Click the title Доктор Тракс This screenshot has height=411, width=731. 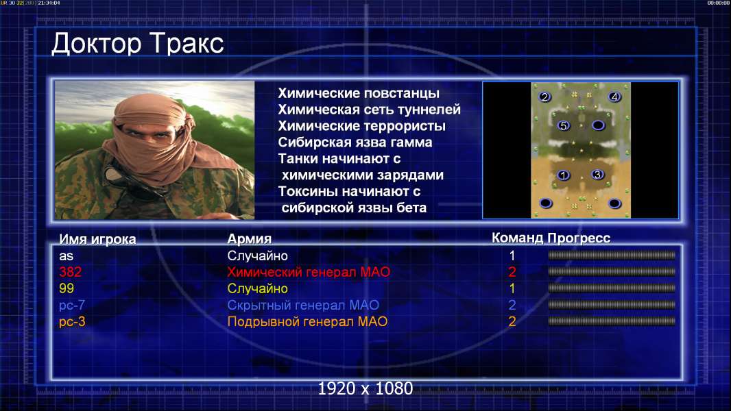[138, 44]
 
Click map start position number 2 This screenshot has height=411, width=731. [544, 97]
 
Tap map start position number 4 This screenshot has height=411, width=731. [614, 97]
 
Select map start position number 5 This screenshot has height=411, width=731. [564, 125]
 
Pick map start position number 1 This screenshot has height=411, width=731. [564, 175]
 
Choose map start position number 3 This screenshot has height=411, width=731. [597, 175]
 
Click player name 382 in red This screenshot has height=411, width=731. [71, 272]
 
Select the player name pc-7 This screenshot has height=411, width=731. [72, 306]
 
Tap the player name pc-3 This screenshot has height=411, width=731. [72, 322]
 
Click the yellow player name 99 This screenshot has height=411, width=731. [67, 288]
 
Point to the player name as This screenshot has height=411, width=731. [67, 256]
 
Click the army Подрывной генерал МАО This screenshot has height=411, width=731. [307, 322]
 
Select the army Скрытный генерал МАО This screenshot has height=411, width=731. [303, 306]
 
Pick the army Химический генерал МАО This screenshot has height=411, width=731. [309, 272]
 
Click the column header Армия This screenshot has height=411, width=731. [250, 239]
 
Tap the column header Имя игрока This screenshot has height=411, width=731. [97, 239]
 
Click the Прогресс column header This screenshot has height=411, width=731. [579, 238]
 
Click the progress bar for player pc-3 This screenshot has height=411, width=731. [612, 321]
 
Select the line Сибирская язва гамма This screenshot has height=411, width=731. [355, 142]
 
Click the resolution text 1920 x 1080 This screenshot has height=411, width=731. [365, 388]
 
